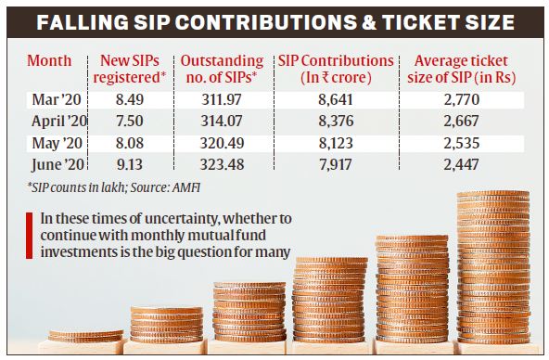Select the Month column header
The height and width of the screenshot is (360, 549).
(x=49, y=60)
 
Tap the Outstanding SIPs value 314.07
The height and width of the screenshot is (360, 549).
(x=223, y=119)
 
